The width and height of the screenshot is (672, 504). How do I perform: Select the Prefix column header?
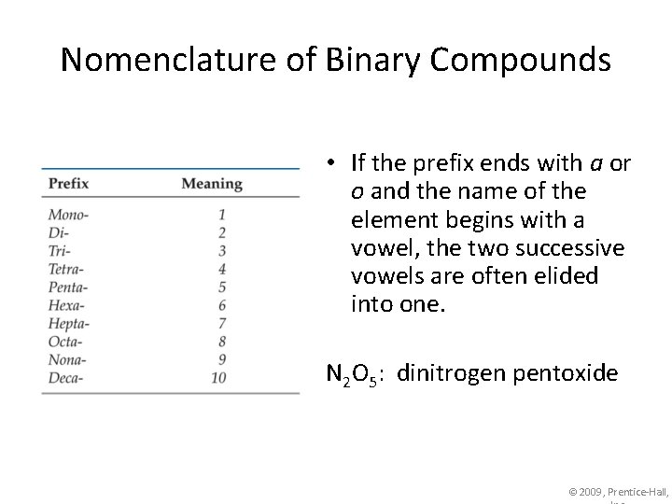(68, 183)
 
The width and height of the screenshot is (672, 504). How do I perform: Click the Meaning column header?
(212, 183)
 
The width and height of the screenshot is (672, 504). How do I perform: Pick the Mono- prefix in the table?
(68, 214)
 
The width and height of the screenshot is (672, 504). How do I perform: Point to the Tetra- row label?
(66, 269)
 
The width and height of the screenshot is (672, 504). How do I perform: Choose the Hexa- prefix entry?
(66, 305)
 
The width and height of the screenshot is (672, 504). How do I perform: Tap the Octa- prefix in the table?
(65, 342)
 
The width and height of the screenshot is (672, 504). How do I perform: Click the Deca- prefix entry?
(65, 378)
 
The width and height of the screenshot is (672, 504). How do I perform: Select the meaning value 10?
(218, 378)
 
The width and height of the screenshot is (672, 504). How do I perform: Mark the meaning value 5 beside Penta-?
(222, 287)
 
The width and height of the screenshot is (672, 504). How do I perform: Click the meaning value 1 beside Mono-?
(222, 214)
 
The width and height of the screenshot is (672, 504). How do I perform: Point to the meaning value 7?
(222, 323)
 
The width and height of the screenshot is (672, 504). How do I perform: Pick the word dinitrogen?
(443, 374)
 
